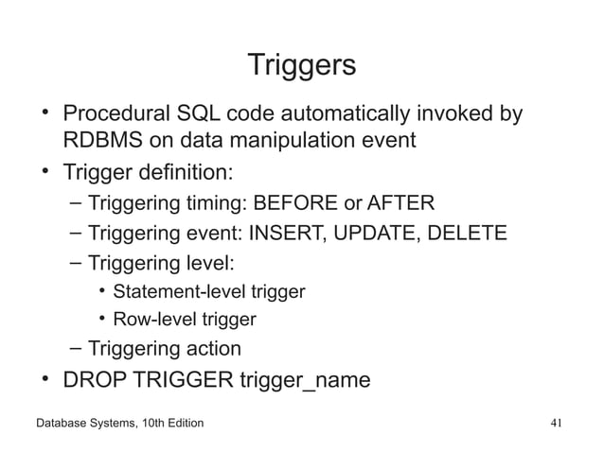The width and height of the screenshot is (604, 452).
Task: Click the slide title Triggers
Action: [x=301, y=65]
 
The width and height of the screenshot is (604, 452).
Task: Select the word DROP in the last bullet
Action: [x=92, y=380]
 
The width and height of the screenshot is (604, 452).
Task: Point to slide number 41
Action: [x=558, y=423]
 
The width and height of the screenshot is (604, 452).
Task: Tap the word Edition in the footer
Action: [x=179, y=423]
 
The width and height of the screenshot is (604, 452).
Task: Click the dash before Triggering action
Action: [x=75, y=349]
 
